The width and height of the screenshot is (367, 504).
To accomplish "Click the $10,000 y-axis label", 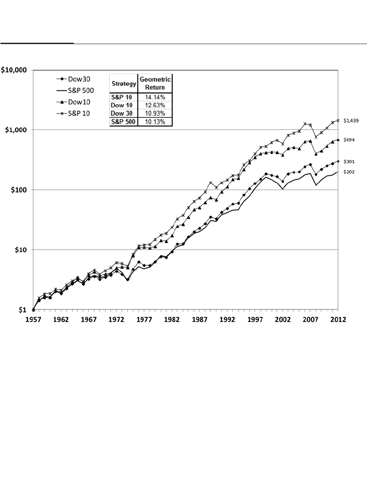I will (x=14, y=70).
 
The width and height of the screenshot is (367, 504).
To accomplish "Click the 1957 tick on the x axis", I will (x=33, y=319).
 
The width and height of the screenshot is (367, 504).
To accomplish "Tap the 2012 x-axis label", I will (x=338, y=319).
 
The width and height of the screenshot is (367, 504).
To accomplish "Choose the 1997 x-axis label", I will (x=255, y=319).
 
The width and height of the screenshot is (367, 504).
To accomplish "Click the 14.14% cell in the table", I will (x=155, y=97).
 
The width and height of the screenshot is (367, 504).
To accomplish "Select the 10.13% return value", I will (x=155, y=122).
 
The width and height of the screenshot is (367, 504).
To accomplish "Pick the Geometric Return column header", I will (x=155, y=83).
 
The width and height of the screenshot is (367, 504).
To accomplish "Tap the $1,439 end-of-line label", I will (x=352, y=121).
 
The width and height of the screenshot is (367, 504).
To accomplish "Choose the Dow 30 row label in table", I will (x=123, y=113).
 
